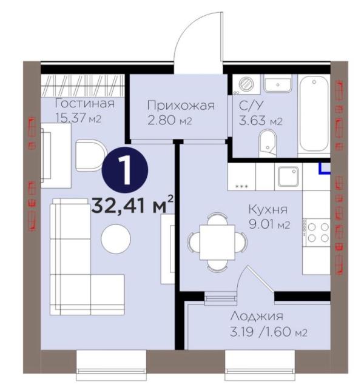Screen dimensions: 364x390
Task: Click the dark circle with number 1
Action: [x=125, y=170]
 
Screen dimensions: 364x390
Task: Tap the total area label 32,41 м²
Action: [x=132, y=206]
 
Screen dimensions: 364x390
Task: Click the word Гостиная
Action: [x=84, y=104]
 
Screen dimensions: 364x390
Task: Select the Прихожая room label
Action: [x=181, y=106]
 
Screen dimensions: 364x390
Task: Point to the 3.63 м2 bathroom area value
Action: [x=260, y=121]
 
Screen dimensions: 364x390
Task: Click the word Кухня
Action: [x=268, y=209]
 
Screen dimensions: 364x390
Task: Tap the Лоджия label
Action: [x=257, y=317]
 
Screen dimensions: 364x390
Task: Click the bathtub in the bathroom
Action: [x=314, y=114]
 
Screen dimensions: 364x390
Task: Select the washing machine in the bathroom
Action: [x=246, y=83]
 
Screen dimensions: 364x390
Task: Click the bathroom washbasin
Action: [x=277, y=84]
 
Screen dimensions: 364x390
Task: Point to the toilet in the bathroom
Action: [x=268, y=143]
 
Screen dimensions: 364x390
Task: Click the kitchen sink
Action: [x=288, y=177]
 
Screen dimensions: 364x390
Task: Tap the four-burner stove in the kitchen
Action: [x=317, y=232]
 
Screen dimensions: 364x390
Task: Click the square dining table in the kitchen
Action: [x=217, y=242]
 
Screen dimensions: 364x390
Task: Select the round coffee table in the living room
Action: [x=116, y=239]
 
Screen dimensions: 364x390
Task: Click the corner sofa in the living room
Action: [x=87, y=257]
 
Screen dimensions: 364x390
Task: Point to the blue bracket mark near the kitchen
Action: [x=325, y=168]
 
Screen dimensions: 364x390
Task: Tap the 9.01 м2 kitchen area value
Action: [x=269, y=224]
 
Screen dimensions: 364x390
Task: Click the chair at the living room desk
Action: [x=91, y=155]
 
